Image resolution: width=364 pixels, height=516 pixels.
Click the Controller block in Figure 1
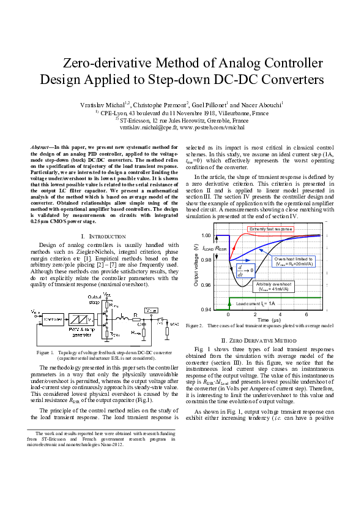pyautogui.click(x=56, y=319)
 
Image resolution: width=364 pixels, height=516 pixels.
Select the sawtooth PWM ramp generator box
pyautogui.click(x=83, y=319)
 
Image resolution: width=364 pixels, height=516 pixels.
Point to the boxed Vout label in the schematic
pyautogui.click(x=151, y=311)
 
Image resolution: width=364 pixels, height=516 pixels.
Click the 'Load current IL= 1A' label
pyautogui.click(x=256, y=303)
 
